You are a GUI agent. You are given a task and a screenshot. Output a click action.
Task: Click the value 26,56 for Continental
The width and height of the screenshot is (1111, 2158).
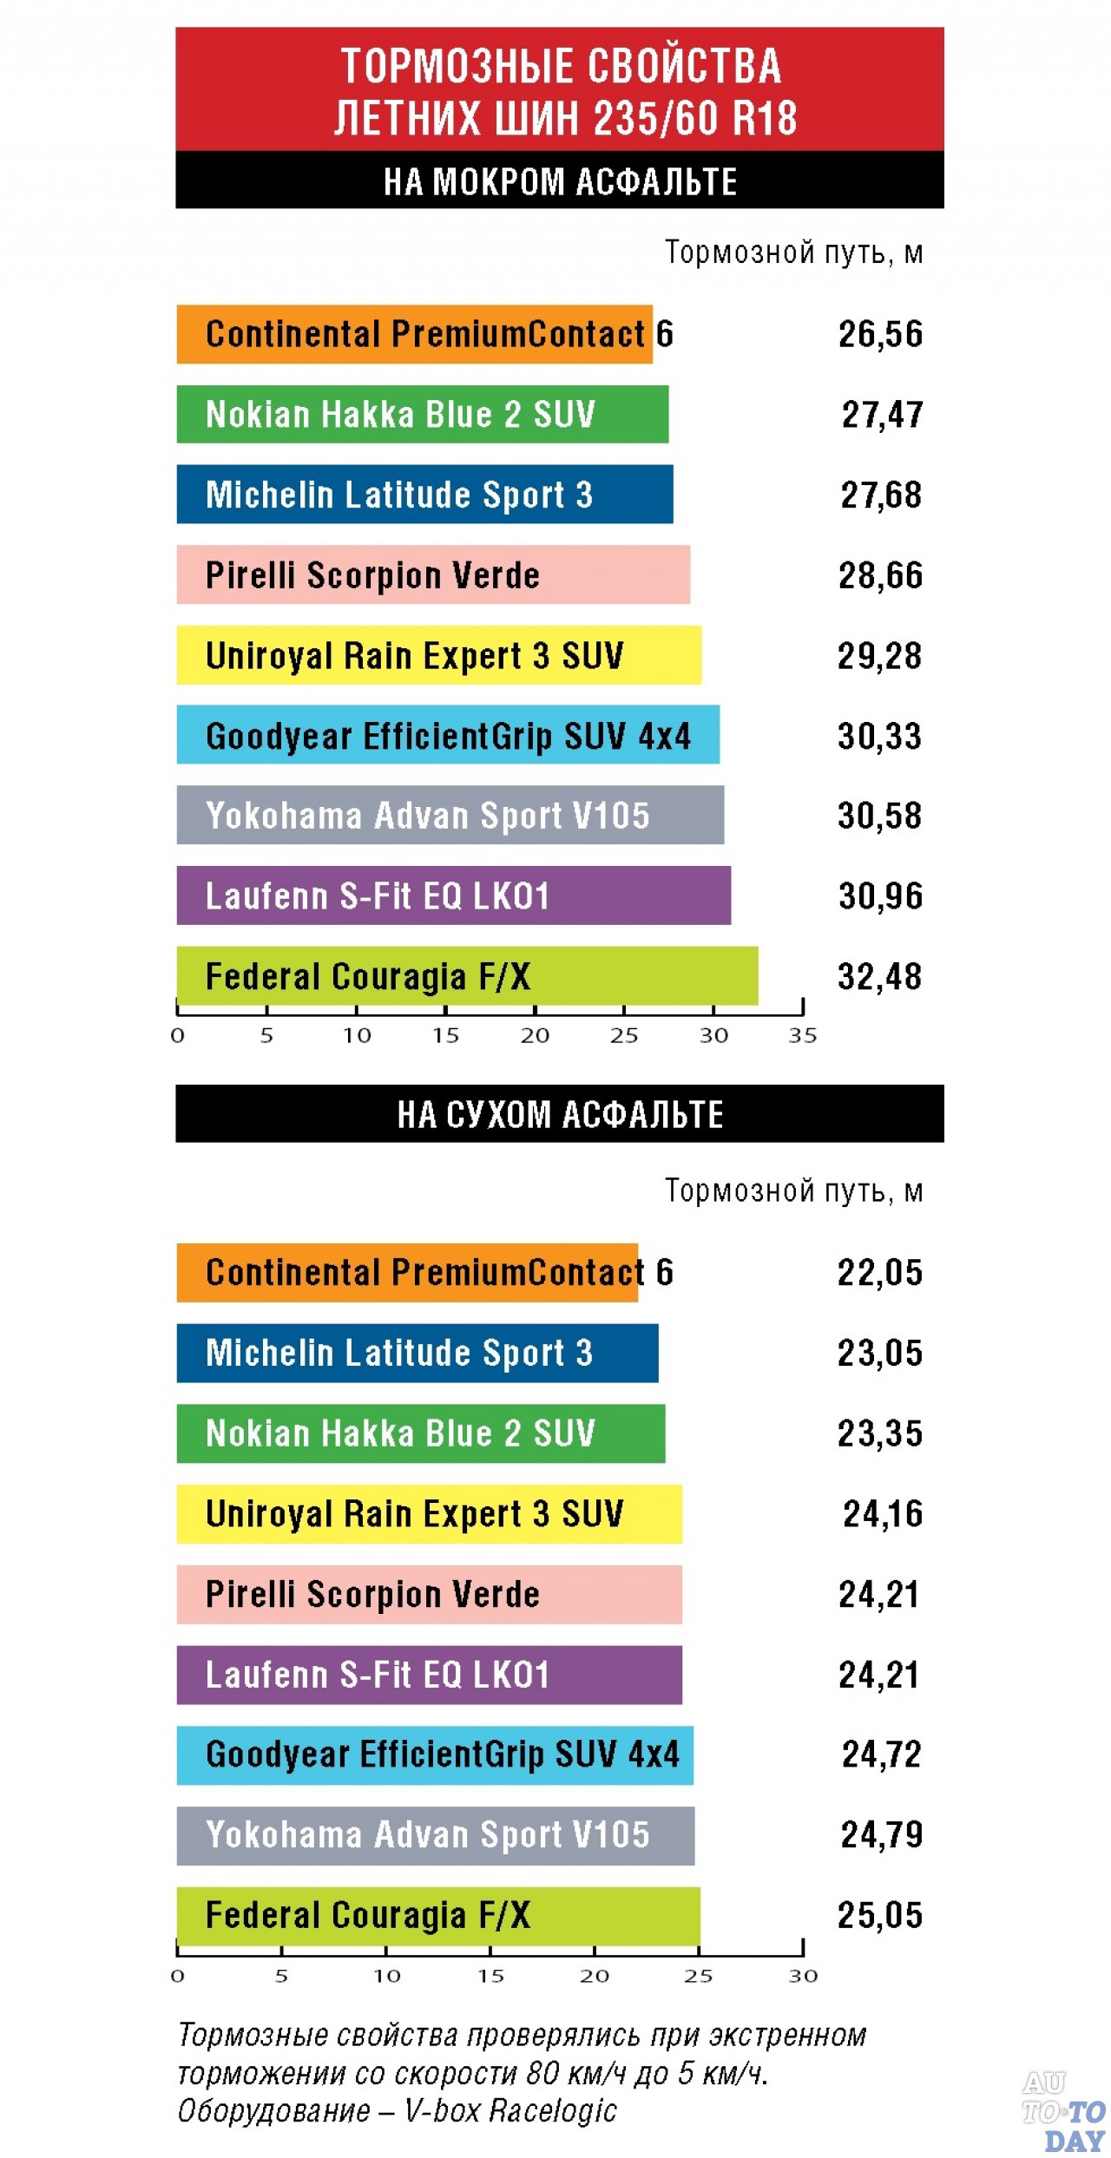coord(880,334)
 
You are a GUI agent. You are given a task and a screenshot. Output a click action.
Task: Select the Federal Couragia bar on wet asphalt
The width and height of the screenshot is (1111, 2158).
coord(466,976)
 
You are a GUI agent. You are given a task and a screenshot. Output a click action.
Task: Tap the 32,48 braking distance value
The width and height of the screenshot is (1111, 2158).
coord(879,977)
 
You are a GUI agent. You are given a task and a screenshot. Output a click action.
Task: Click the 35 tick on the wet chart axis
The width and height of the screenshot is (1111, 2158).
coord(803,1035)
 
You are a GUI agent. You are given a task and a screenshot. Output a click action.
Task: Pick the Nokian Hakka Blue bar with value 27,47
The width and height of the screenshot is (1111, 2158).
coord(422,415)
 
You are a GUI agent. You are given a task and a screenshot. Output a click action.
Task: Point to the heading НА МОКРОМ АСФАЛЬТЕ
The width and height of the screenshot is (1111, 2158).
coord(560,182)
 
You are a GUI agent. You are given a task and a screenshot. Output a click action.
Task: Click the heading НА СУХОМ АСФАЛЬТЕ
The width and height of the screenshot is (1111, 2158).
coord(560,1114)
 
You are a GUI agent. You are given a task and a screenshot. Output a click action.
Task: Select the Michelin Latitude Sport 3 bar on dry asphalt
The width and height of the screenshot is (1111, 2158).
coord(417,1353)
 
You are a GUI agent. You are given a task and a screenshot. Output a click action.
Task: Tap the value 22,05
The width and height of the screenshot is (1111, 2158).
coord(879,1273)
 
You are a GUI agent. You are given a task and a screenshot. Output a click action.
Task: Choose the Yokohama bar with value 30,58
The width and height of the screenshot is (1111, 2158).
coord(450,816)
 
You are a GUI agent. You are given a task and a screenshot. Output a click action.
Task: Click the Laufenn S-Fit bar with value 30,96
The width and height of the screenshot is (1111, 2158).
coord(453,895)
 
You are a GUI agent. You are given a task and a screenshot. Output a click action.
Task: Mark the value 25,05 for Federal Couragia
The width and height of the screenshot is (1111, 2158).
coord(879,1915)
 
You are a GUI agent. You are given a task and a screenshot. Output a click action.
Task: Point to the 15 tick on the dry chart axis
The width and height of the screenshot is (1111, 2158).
coord(490,1976)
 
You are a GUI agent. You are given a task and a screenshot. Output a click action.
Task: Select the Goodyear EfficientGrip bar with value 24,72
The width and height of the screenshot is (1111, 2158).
coord(434,1755)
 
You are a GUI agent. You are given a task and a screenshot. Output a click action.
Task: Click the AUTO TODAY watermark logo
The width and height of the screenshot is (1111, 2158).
coord(1063,2110)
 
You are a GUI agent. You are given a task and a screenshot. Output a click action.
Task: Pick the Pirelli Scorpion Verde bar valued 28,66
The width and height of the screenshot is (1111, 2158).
coord(432,574)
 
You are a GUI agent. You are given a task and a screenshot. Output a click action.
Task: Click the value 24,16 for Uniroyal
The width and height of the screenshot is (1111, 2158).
coord(882,1514)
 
